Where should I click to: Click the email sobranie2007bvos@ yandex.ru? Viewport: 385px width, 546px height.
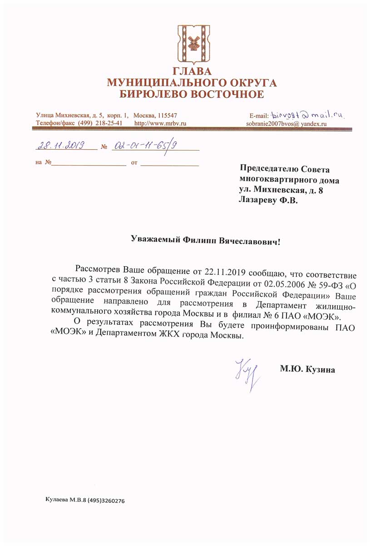286,123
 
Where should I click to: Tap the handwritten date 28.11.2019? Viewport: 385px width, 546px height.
65,146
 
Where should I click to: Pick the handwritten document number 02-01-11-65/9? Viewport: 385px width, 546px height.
145,146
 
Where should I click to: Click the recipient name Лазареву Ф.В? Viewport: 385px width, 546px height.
268,199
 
